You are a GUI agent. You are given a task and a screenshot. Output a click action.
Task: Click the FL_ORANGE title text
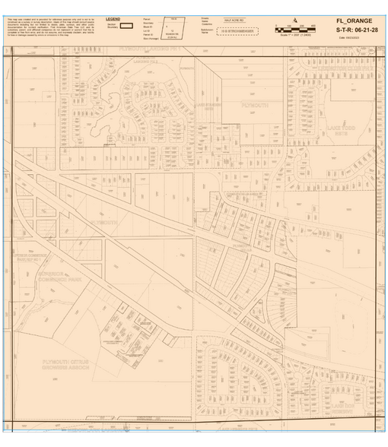(356, 21)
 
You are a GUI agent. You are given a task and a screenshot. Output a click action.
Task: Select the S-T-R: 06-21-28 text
(356, 30)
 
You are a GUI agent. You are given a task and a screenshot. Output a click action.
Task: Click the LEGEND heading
(113, 17)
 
